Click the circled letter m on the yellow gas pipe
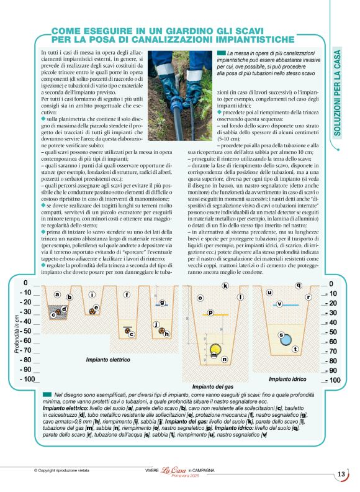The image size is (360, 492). pos(215,357)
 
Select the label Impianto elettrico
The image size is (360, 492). pos(108,360)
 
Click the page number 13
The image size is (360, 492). pos(341,475)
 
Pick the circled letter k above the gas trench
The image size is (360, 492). pos(225,286)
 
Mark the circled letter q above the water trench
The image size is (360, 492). pos(299,286)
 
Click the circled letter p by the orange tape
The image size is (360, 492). pos(210,313)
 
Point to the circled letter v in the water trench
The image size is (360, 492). pos(279,304)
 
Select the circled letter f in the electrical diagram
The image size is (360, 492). pos(127,294)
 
